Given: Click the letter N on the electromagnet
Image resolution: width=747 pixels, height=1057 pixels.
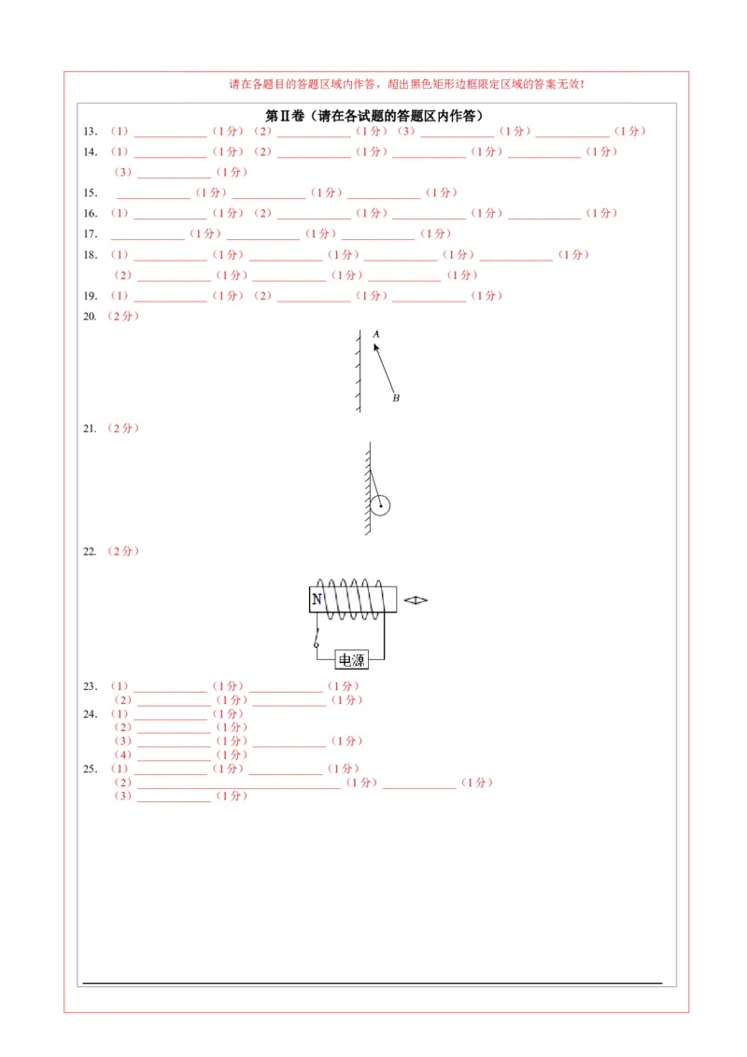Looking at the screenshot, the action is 317,599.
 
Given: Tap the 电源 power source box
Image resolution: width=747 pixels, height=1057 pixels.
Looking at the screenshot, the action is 352,660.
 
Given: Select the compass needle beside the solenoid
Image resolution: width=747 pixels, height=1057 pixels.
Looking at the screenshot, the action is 416,600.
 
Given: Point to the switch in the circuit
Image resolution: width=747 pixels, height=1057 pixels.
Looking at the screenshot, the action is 317,637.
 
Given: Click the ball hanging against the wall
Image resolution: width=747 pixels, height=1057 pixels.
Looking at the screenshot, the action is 379,505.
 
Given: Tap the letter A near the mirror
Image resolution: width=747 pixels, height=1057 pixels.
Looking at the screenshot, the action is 376,333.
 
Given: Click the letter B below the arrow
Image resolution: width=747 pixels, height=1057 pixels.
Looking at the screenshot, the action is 396,398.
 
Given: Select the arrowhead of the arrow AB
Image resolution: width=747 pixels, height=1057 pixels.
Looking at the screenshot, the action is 375,347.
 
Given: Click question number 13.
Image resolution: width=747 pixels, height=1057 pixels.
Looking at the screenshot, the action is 91,132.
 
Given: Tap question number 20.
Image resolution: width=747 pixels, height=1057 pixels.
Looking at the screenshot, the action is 91,317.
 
